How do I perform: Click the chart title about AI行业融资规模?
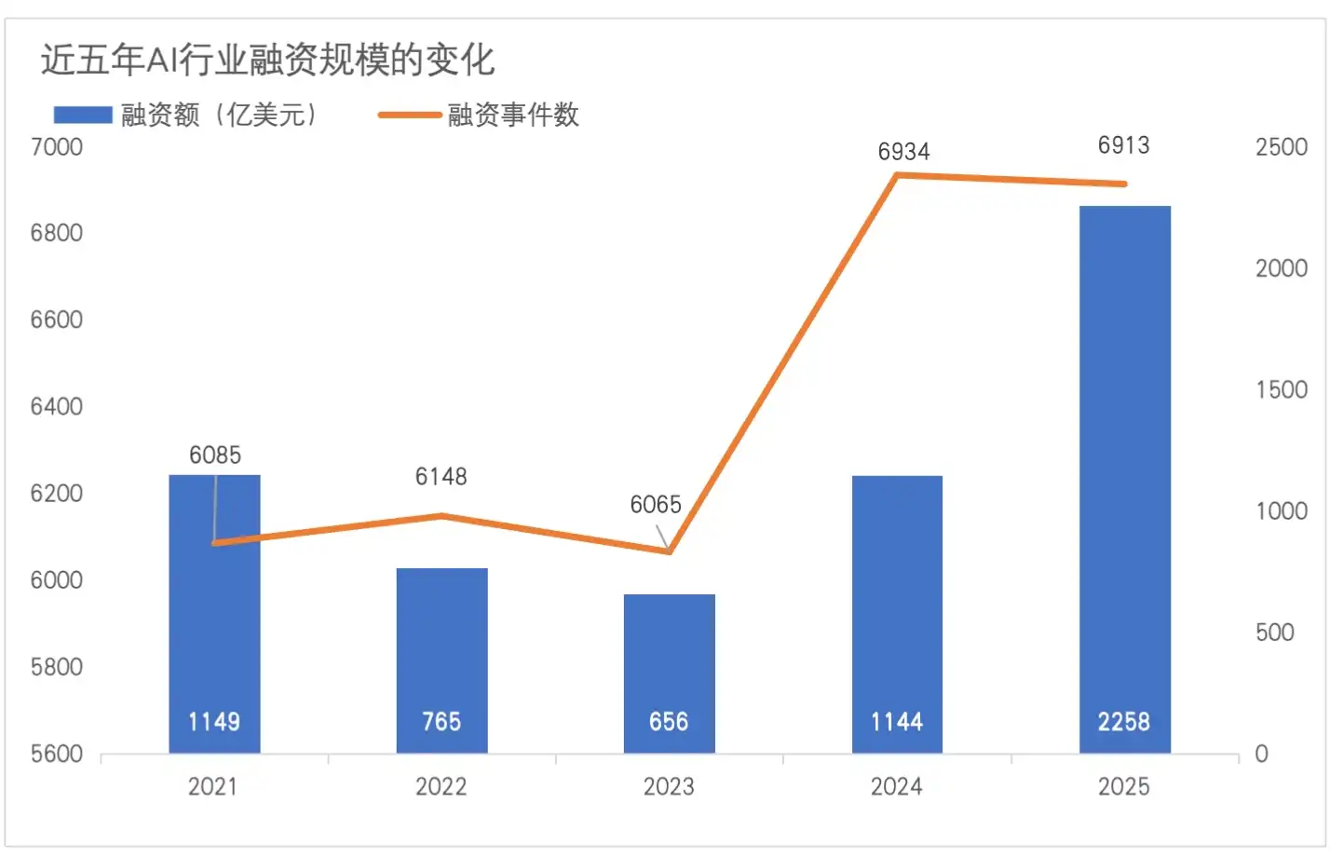(x=267, y=61)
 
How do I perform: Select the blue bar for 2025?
(x=1124, y=466)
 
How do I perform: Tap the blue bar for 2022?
(x=441, y=643)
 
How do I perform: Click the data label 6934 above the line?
(x=903, y=152)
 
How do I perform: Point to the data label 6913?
(x=1123, y=145)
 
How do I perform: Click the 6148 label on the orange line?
(x=441, y=477)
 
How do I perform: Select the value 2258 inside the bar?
(x=1123, y=722)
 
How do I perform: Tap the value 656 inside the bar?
(x=669, y=722)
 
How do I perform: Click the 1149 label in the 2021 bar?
(x=214, y=722)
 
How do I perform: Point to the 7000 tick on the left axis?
(x=57, y=147)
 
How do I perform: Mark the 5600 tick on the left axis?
(x=57, y=754)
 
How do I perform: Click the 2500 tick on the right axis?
(x=1282, y=147)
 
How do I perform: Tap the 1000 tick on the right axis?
(x=1282, y=511)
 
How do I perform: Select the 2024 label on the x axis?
(x=896, y=787)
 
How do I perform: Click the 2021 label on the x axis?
(x=213, y=787)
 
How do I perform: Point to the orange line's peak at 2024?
(x=896, y=175)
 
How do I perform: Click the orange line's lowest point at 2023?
(x=670, y=552)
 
